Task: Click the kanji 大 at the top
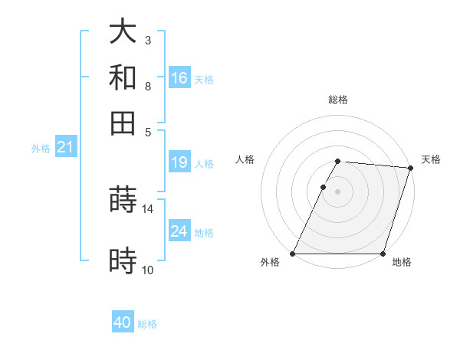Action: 123,32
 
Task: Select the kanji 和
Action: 123,77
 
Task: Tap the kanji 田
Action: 123,123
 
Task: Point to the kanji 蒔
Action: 123,199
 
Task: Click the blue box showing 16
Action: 179,78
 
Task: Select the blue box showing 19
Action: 179,162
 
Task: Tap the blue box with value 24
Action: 179,231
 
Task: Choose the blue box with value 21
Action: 65,148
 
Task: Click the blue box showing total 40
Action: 123,323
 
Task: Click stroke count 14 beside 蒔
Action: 147,208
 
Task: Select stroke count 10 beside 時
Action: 147,270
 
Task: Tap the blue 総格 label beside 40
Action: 147,324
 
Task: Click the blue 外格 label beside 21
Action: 41,149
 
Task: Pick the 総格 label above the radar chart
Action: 337,100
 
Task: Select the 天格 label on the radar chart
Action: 431,159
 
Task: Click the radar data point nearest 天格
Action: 410,168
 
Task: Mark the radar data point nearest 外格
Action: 293,254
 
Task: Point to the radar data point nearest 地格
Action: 382,254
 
